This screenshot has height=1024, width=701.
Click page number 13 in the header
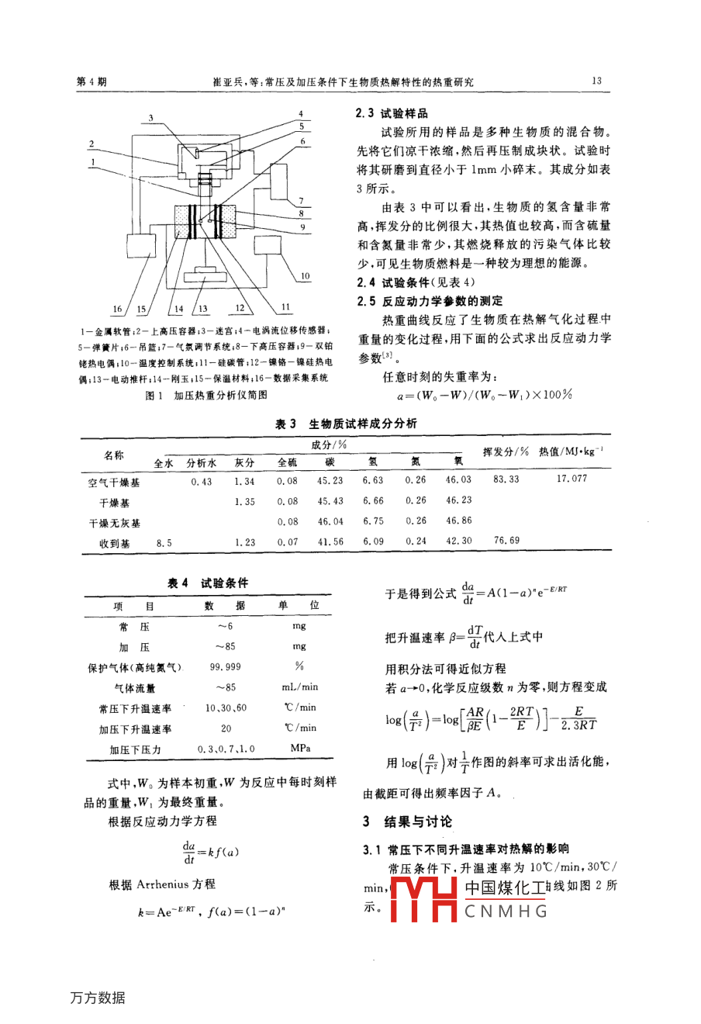596,81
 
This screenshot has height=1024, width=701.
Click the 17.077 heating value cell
572,479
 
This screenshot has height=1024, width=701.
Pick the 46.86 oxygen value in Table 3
458,521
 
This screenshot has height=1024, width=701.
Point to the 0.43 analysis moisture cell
201,482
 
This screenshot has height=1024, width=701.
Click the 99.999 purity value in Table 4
225,666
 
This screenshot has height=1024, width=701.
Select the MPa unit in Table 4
299,749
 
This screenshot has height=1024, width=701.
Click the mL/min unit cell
299,687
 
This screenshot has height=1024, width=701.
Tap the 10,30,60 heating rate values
226,707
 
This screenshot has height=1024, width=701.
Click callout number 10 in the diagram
305,276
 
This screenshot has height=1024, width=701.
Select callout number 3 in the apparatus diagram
151,119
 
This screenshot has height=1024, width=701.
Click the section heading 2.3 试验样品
392,113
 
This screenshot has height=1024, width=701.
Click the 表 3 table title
346,424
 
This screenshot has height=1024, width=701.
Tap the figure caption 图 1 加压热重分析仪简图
207,395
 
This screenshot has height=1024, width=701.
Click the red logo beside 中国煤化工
423,899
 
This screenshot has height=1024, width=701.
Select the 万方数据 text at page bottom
97,998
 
